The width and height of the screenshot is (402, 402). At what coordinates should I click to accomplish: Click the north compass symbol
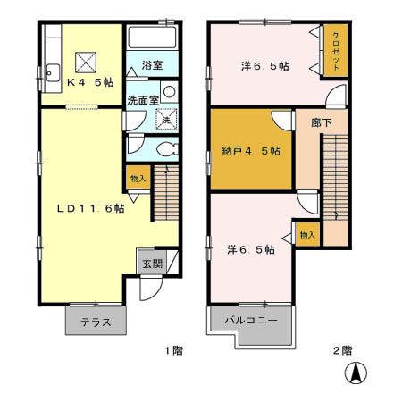click(356, 373)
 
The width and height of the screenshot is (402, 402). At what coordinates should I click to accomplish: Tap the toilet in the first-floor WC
click(167, 149)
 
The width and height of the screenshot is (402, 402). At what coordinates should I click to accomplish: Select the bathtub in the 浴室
click(152, 37)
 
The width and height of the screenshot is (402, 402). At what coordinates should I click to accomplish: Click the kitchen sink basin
click(54, 72)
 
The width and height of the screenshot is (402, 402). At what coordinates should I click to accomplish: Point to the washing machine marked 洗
click(167, 119)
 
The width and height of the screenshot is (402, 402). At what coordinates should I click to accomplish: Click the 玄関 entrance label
click(153, 264)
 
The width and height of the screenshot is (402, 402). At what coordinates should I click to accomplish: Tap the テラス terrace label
click(96, 322)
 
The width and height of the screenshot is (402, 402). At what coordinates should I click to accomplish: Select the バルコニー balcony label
click(251, 321)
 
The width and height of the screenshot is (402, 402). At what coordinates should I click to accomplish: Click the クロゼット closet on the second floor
click(336, 50)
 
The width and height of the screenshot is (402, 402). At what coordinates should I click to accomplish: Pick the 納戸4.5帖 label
click(251, 151)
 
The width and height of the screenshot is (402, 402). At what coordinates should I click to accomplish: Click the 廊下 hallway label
click(321, 122)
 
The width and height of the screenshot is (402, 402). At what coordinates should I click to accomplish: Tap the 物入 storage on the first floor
click(138, 178)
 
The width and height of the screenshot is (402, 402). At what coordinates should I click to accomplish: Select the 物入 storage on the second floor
click(307, 234)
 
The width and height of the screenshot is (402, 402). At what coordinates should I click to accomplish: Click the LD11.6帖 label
click(90, 208)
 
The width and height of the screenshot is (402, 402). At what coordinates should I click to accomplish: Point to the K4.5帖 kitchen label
click(90, 82)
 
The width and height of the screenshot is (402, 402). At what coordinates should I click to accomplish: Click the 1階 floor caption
click(174, 350)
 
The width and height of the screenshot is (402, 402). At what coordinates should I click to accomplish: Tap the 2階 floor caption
click(342, 350)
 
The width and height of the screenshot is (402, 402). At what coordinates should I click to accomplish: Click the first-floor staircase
click(166, 193)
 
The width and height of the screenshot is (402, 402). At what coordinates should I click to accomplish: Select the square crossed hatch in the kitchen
click(86, 63)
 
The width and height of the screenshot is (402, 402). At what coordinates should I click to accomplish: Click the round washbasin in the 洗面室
click(169, 91)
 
